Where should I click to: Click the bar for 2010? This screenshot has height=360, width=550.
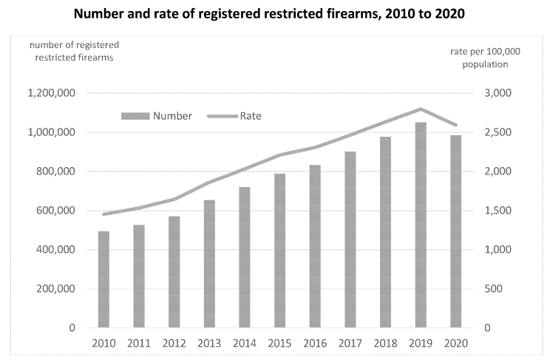coord(104,279)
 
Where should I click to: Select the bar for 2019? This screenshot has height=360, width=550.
coord(420,225)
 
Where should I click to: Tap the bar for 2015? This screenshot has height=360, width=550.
coord(279,251)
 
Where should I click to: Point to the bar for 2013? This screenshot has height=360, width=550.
coord(209,263)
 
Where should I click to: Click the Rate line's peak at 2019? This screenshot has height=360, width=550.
coord(420,109)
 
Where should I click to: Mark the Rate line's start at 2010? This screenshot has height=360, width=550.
coord(104,214)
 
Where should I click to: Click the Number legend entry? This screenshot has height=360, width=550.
coord(156,116)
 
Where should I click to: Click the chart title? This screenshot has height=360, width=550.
coord(275,14)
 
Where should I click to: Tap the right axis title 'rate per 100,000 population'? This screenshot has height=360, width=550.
coord(484,58)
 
